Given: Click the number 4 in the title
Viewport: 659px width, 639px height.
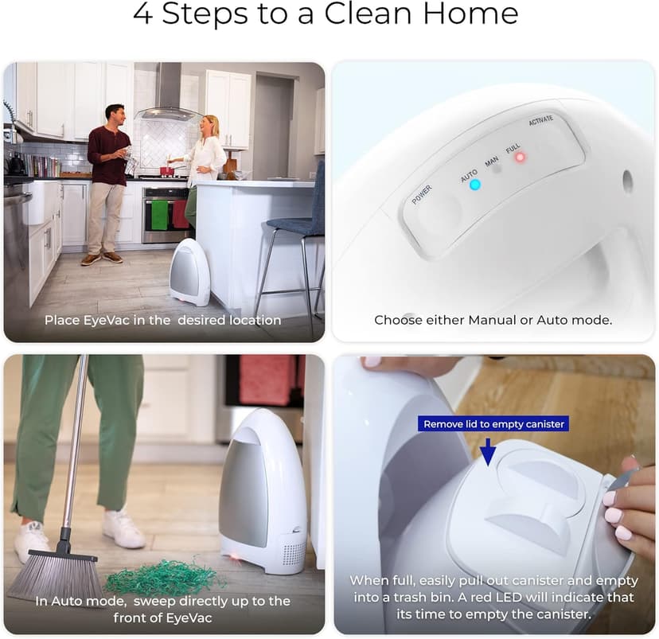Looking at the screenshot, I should coord(142,14).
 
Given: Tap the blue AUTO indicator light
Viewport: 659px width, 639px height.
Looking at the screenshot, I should coord(474,185).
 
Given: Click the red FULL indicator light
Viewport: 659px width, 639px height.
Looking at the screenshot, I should coord(521,157).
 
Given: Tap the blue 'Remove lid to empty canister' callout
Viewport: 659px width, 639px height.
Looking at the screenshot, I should coord(493,424).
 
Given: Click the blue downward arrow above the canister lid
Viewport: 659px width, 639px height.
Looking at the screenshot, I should coord(487,451).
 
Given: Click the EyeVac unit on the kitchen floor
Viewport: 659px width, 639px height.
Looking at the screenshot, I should coord(189,273).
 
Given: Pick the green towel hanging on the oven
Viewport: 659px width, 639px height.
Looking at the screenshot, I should coord(159,215).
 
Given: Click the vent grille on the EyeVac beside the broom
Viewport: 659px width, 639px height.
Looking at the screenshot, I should coord(293,554).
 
